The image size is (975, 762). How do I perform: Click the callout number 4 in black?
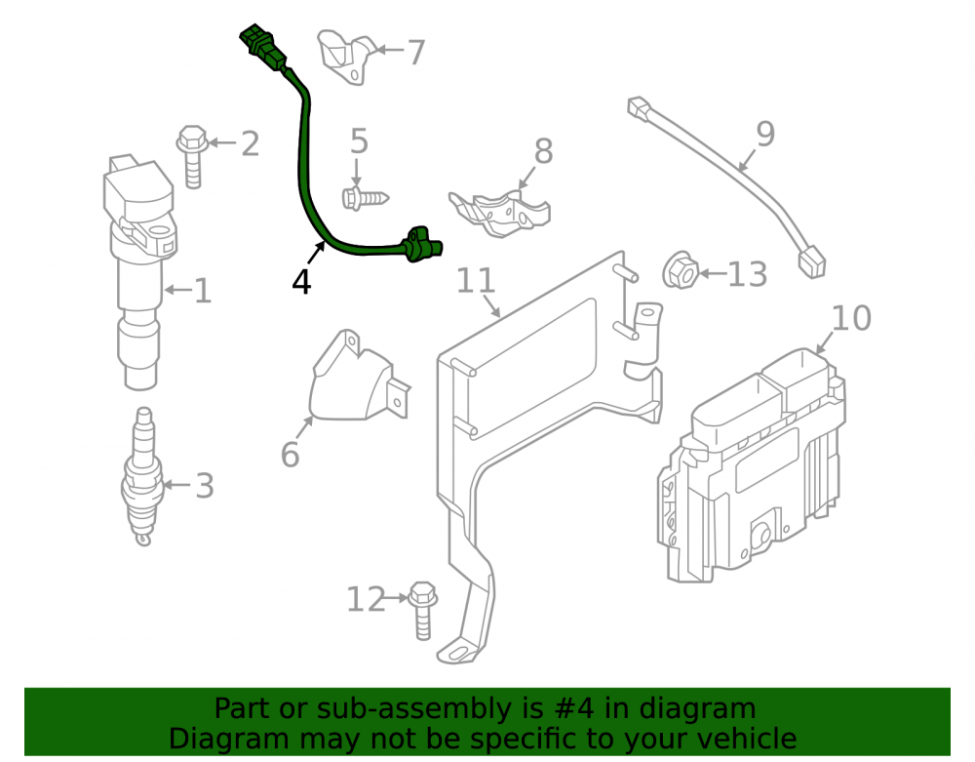(301, 282)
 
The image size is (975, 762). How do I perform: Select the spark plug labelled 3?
(143, 476)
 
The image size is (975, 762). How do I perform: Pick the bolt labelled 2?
(192, 157)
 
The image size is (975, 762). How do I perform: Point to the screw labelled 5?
(365, 198)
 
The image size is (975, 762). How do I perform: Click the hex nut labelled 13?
(681, 270)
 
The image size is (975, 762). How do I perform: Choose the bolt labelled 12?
(423, 611)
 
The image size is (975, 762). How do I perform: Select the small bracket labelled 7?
(347, 57)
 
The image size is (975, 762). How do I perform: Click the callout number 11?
(476, 281)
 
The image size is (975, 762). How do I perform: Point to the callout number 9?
(765, 134)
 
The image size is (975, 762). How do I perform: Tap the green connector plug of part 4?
(263, 47)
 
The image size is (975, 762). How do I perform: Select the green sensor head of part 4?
(423, 245)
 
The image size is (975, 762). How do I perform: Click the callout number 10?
(850, 318)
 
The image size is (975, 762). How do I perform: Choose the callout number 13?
(747, 274)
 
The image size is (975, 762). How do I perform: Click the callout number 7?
(416, 53)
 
